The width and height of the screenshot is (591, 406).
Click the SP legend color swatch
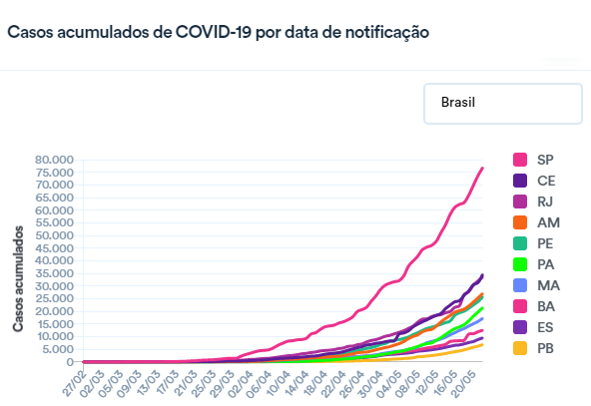[520, 160]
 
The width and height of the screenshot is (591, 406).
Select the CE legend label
[545, 181]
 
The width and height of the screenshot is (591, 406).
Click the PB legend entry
[545, 348]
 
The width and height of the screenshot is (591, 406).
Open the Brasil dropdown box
[502, 104]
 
